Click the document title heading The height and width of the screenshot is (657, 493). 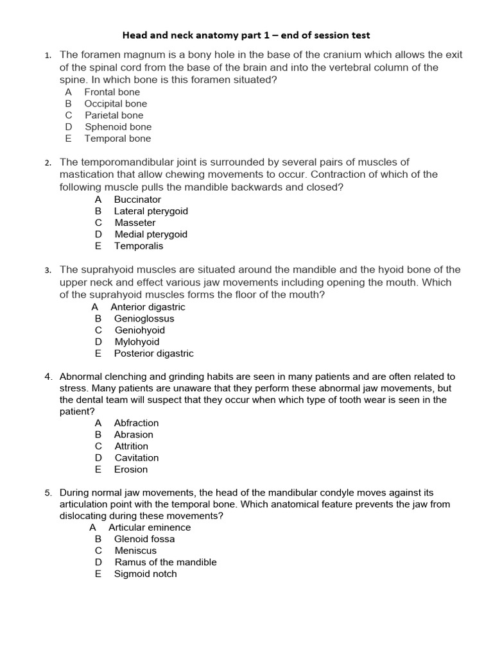246,35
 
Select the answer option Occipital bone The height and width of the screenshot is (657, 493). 115,103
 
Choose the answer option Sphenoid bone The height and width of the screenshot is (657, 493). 118,126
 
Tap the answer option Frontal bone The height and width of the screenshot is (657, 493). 112,92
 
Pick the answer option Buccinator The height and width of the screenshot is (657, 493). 137,200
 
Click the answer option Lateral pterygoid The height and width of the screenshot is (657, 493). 151,211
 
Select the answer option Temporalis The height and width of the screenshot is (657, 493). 139,246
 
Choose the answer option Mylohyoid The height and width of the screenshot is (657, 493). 137,342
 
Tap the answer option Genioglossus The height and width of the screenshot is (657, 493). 144,318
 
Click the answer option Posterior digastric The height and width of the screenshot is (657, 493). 153,354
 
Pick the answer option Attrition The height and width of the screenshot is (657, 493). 131,446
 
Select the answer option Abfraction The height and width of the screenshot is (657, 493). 136,423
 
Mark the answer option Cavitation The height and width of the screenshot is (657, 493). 136,457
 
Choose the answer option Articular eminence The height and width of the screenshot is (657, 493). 149,527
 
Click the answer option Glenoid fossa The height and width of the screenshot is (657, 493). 144,539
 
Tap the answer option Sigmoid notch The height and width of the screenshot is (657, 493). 145,574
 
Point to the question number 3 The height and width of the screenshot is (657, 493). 48,271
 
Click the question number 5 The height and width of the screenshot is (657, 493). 48,493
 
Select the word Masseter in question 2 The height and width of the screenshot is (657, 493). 135,223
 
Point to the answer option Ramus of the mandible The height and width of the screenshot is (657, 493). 165,562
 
